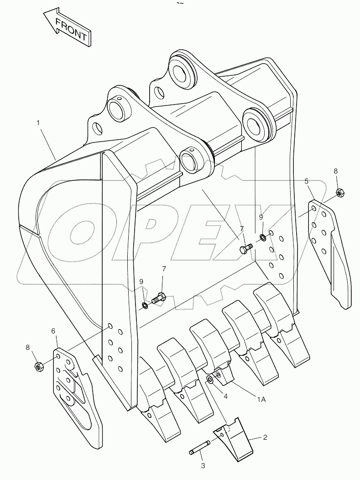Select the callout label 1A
pos(261,399)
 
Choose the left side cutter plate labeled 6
pos(75,388)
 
